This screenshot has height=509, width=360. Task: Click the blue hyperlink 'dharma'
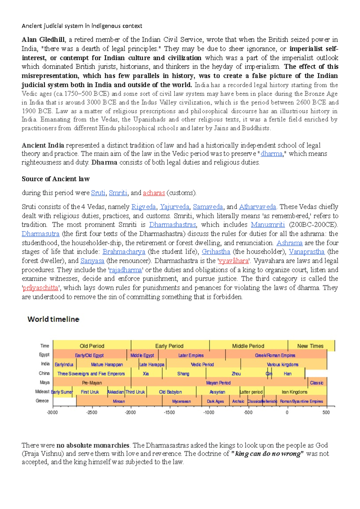271,154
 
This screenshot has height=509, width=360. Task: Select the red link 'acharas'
154,193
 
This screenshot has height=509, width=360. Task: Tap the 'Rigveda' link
143,207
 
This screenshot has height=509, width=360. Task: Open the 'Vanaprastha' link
306,252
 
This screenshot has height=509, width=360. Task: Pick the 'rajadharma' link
125,270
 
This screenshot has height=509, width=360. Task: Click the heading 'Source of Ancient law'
56,179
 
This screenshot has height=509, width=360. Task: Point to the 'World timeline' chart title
53,319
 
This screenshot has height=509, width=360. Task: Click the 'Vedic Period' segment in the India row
202,365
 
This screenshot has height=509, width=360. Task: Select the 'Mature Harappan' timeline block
107,365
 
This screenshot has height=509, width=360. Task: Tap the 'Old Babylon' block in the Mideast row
170,392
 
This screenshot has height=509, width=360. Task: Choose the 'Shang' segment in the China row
183,374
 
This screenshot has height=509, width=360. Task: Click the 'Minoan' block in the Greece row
119,401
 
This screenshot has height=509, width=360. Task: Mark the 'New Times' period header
310,346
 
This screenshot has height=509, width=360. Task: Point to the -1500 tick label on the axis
169,412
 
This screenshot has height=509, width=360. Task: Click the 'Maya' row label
45,382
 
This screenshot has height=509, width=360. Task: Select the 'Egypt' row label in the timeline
44,355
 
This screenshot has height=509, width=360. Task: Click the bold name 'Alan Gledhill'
43,40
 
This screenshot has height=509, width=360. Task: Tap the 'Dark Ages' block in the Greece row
215,401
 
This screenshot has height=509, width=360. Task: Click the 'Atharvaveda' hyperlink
257,207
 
